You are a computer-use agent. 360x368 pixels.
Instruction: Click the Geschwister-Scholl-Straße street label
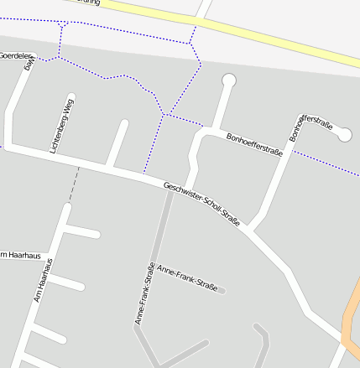[202, 205]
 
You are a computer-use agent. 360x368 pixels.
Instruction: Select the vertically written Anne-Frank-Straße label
[143, 293]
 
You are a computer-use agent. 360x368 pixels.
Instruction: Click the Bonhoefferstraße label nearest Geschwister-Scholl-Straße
[254, 143]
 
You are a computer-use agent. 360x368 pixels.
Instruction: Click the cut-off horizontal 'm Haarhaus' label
[20, 254]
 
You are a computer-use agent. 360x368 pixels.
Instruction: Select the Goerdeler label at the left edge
[15, 55]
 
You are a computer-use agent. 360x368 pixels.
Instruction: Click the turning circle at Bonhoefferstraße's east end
[344, 133]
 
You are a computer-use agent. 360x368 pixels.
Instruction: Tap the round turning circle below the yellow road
[228, 80]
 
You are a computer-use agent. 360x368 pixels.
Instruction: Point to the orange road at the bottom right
[351, 319]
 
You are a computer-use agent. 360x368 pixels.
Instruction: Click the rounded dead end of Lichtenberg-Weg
[71, 97]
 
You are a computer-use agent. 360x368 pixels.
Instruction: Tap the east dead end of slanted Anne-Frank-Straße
[222, 291]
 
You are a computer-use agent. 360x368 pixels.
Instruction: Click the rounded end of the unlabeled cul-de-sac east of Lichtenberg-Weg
[123, 124]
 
